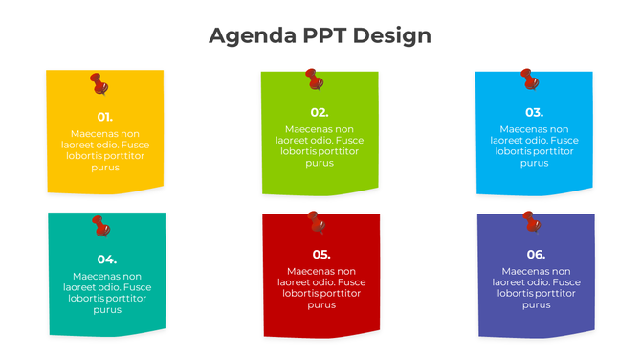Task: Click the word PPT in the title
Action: (324, 36)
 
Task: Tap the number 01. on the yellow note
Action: (105, 116)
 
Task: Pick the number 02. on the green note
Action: (320, 112)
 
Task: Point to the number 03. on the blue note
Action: (534, 112)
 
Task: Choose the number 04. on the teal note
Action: (107, 259)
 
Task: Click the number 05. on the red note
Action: (321, 254)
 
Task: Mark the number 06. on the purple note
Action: (536, 254)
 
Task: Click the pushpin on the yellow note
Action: (99, 84)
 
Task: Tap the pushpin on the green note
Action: (314, 79)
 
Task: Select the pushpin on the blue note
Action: (528, 79)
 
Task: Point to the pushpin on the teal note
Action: (100, 226)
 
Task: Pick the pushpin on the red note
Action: (316, 222)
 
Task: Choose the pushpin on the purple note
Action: (531, 222)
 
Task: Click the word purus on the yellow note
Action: (105, 168)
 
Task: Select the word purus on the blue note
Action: (534, 163)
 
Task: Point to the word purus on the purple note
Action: (536, 305)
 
